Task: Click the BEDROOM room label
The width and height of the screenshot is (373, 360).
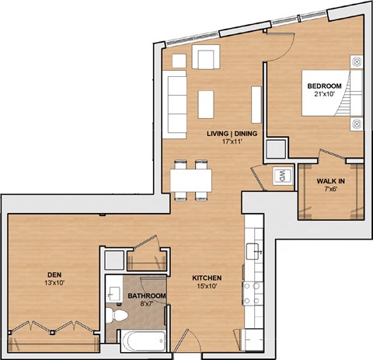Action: pos(323,86)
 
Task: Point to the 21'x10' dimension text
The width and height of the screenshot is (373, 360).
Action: pos(323,95)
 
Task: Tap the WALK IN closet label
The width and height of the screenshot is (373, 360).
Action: pos(331,182)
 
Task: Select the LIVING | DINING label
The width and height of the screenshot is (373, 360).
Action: pos(228,134)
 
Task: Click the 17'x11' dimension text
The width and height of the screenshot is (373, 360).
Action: pos(228,143)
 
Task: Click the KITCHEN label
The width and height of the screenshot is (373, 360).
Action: pos(207,278)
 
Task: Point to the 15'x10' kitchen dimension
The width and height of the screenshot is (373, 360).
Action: pos(207,287)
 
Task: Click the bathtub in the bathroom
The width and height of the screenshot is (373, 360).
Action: pos(142,341)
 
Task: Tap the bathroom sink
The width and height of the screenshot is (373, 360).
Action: pos(113,292)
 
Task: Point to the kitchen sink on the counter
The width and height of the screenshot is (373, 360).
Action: pos(253,250)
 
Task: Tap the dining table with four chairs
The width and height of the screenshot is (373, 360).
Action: pos(191,181)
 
